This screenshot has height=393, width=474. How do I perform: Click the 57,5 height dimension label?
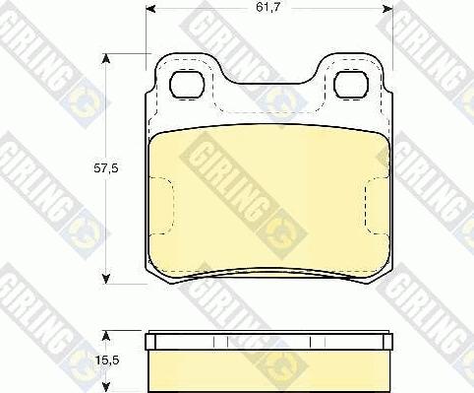(106, 168)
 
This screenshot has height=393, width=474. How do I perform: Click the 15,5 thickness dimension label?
(107, 360)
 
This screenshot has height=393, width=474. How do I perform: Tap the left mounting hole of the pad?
(187, 85)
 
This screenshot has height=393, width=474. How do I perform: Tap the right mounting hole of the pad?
(351, 85)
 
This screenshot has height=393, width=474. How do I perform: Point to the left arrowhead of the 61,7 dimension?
(149, 9)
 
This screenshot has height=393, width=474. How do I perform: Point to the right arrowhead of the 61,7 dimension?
(388, 9)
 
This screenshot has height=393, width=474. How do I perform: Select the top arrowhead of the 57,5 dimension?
(105, 59)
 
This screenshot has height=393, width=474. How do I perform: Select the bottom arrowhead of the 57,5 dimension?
(105, 279)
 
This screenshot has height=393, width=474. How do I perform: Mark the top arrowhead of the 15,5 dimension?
(105, 336)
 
